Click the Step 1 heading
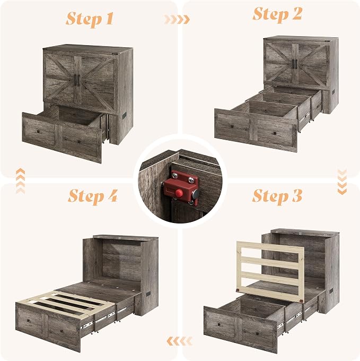(90, 19)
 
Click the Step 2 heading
(277, 14)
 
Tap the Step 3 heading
(277, 196)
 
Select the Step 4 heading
(93, 196)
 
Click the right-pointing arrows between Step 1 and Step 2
(177, 20)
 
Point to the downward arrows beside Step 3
(342, 182)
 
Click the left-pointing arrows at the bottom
(180, 341)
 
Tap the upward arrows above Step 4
(21, 181)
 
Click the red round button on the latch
(179, 193)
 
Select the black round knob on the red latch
(196, 194)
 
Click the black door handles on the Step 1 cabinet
(77, 80)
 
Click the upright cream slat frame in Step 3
(271, 271)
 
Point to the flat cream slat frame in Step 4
(66, 304)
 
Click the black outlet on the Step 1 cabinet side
(125, 116)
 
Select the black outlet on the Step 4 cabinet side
(148, 294)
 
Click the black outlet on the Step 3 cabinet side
(331, 290)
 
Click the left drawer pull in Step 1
(38, 132)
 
